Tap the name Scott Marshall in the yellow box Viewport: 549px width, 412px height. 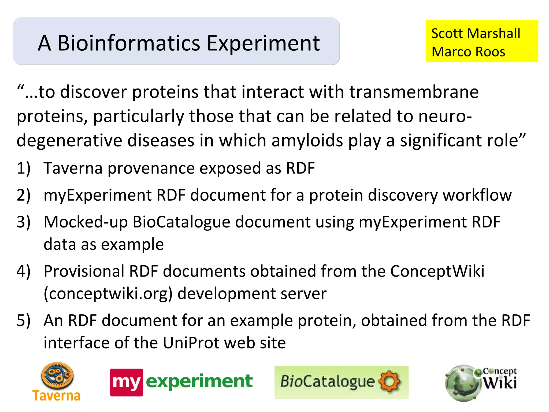tap(476, 34)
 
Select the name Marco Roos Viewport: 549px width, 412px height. tap(468, 52)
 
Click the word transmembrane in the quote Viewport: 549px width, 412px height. tap(414, 92)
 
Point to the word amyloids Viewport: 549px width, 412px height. tap(307, 141)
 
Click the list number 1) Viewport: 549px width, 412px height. tap(24, 168)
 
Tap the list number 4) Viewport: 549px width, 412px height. tap(24, 271)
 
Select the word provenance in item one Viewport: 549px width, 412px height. tap(151, 168)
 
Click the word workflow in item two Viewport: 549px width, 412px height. tap(477, 195)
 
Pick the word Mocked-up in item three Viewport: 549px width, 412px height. tap(86, 222)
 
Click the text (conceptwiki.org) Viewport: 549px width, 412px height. tap(108, 293)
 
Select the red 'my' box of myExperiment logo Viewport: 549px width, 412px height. tap(127, 382)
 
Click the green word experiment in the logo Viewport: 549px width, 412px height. tap(199, 381)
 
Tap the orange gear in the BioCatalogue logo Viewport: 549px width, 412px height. tap(390, 381)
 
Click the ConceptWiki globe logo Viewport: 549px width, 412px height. tap(462, 383)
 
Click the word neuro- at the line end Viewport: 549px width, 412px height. tap(445, 116)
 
